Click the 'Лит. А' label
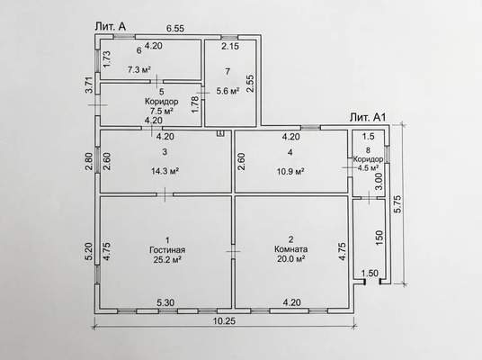(111, 26)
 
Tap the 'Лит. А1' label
(367, 117)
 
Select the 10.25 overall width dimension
(224, 321)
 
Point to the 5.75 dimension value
(397, 204)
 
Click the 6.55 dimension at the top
(175, 28)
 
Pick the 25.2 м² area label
(167, 260)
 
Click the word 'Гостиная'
(167, 250)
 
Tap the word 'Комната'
(290, 249)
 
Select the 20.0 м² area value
(290, 258)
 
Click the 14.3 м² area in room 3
(165, 171)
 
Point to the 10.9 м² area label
(290, 171)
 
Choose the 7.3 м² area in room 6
(139, 69)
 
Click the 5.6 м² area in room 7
(228, 91)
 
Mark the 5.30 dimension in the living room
(165, 302)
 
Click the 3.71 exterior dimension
(89, 85)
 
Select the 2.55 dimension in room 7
(251, 84)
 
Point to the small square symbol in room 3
(220, 133)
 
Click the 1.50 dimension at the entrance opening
(370, 273)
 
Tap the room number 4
(290, 152)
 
